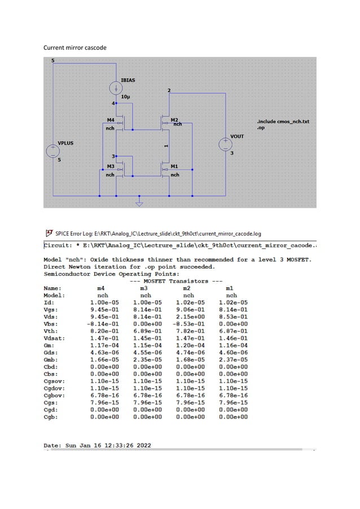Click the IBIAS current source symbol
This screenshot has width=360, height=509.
115,88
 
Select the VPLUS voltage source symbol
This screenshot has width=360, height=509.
53,152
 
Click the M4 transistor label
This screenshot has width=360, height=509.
111,120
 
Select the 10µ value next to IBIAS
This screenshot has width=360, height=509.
126,97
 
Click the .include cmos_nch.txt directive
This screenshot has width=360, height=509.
283,122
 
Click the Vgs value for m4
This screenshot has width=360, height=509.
104,309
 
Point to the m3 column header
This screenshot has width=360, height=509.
146,287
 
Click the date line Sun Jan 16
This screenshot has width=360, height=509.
98,446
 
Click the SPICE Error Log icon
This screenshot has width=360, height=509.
49,233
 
